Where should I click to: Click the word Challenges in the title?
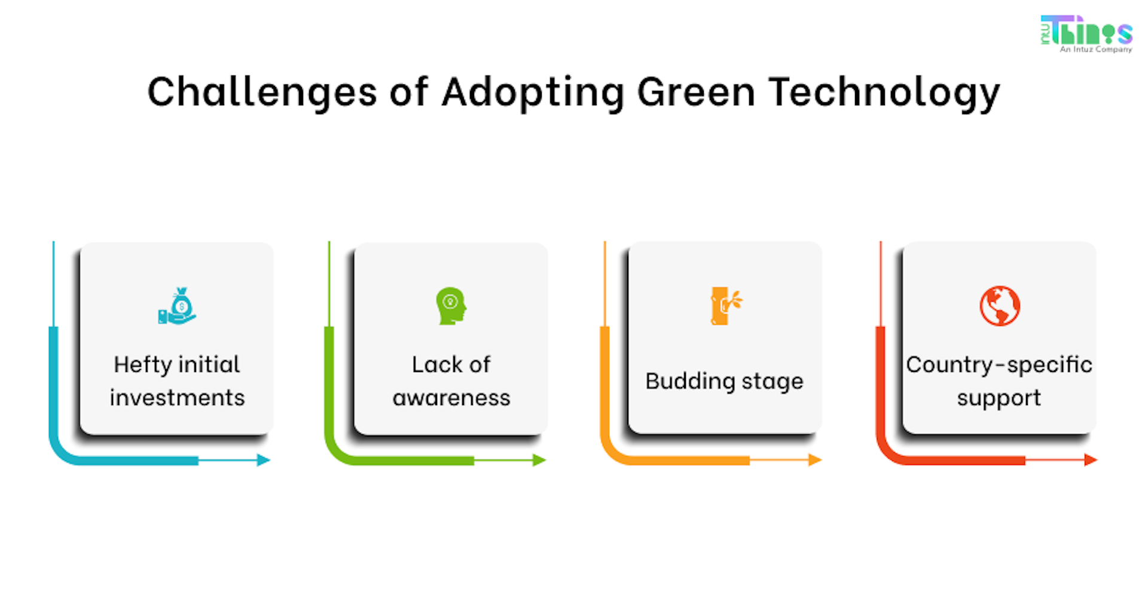click(x=261, y=93)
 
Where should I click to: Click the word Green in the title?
click(x=696, y=93)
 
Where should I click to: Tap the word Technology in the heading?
click(x=884, y=93)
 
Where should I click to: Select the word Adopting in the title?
click(x=533, y=93)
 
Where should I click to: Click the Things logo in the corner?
click(x=1086, y=33)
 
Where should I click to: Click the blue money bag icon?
click(x=178, y=306)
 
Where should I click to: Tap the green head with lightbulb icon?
click(x=451, y=306)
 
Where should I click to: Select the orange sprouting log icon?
click(x=725, y=306)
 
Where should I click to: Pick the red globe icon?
click(x=999, y=306)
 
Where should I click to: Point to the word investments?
click(x=177, y=398)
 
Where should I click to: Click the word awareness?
click(x=451, y=398)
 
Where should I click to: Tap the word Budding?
click(x=691, y=382)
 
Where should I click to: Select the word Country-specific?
click(x=999, y=365)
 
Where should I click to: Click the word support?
click(x=999, y=398)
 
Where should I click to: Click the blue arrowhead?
click(x=263, y=460)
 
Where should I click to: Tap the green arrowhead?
click(x=539, y=460)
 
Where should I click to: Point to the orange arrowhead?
click(x=814, y=460)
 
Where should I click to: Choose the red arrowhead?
click(x=1090, y=460)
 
